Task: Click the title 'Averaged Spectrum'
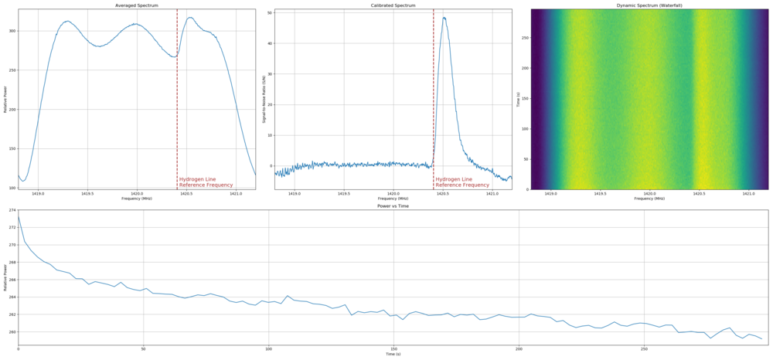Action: point(136,5)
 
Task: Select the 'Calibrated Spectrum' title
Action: point(393,5)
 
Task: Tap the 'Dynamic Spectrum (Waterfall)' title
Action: point(649,5)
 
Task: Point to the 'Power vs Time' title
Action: point(393,206)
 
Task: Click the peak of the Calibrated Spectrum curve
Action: point(444,18)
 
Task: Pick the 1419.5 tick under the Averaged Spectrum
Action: point(87,194)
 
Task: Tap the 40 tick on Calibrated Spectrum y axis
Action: point(269,43)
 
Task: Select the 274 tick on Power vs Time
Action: point(12,210)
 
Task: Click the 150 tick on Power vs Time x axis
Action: point(393,349)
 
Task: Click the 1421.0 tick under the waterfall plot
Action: point(748,194)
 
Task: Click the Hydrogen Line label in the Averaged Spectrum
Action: point(206,182)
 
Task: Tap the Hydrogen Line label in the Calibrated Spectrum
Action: point(462,182)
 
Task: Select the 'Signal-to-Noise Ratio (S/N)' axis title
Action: point(264,99)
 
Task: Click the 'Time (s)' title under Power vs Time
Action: point(393,355)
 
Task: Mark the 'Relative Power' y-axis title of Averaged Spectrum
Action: point(5,99)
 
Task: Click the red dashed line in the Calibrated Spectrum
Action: point(434,93)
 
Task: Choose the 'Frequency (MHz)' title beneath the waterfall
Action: point(649,199)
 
